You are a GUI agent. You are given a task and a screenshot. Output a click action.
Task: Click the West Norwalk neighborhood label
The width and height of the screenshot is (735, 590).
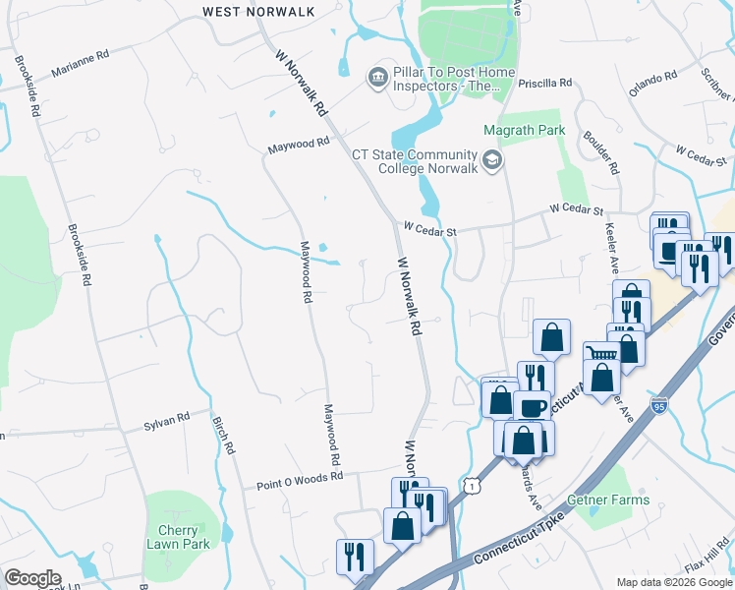click(258, 11)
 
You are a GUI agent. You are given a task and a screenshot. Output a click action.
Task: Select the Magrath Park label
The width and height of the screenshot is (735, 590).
click(525, 130)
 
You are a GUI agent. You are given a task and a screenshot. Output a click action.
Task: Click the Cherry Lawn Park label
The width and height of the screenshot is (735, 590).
click(178, 537)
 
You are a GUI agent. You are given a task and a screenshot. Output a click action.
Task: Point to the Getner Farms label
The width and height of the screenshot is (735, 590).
click(608, 500)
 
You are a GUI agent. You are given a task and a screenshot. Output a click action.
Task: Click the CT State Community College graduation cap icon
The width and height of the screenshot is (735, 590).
click(491, 159)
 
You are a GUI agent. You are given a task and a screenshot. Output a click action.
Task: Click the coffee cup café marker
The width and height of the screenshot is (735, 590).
click(532, 406)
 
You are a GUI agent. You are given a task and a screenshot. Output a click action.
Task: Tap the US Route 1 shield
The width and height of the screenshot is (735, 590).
click(475, 487)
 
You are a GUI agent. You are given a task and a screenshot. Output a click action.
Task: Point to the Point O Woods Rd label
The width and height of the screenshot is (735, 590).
click(300, 480)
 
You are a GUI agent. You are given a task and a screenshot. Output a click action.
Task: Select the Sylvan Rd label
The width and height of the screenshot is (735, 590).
click(166, 421)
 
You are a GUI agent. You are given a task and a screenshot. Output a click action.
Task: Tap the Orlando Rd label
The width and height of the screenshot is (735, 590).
click(652, 82)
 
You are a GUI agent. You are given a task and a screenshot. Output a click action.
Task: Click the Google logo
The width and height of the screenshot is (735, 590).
click(32, 578)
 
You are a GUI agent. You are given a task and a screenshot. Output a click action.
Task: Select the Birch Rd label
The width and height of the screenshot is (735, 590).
click(224, 434)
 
